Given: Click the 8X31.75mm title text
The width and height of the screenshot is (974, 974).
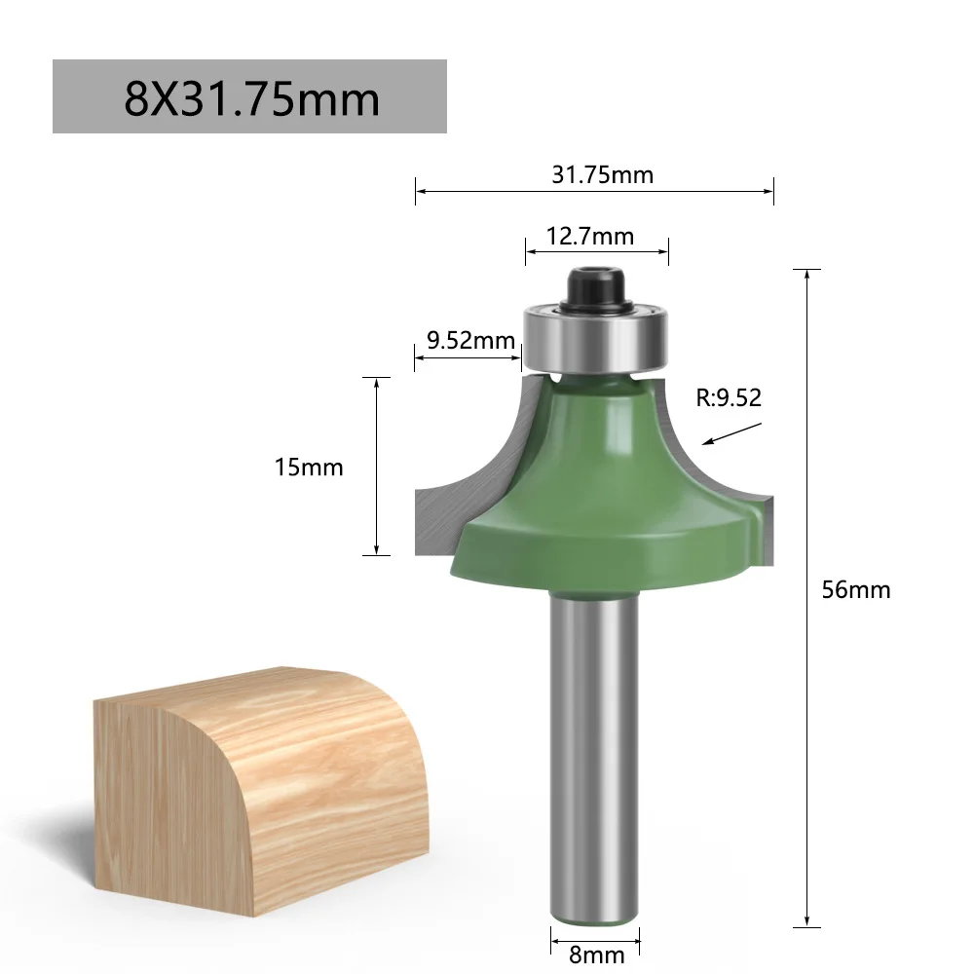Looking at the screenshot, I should [x=251, y=97].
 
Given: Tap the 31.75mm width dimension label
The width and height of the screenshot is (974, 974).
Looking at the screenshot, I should [x=602, y=175].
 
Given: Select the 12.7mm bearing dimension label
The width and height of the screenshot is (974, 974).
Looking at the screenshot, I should [x=589, y=237].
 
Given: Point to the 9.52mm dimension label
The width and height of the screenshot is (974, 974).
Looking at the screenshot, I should [x=470, y=340].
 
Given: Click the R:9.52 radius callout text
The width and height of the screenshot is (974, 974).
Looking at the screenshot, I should [x=729, y=396].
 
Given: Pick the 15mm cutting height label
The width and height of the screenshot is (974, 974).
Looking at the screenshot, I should [x=308, y=467].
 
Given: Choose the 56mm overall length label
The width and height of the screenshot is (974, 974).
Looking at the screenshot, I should [x=855, y=589].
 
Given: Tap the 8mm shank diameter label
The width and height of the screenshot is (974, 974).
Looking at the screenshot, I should [x=596, y=955].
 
